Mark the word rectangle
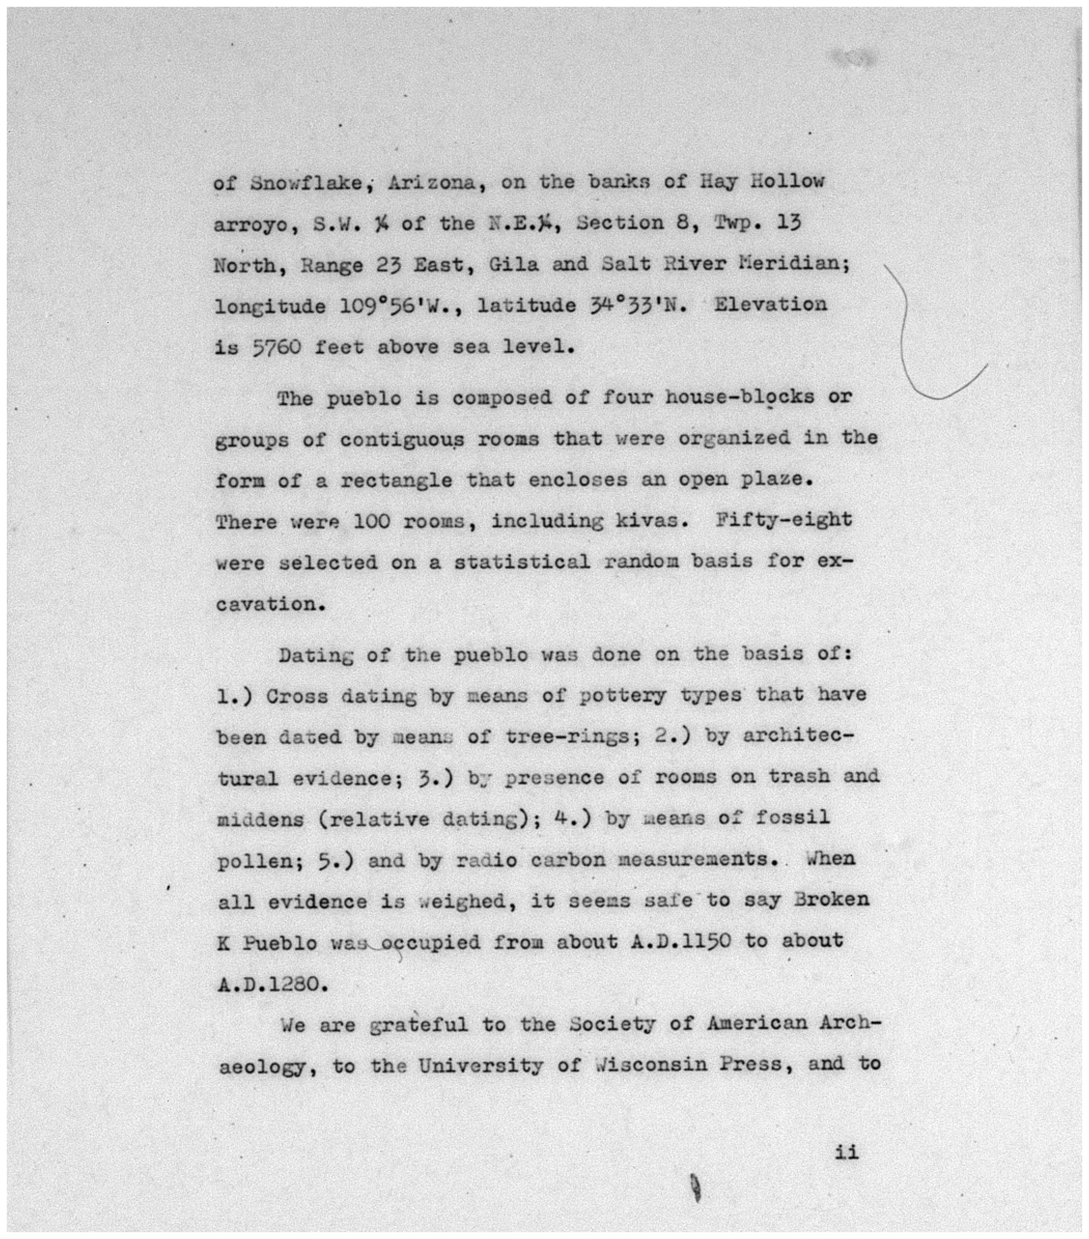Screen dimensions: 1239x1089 (x=396, y=480)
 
